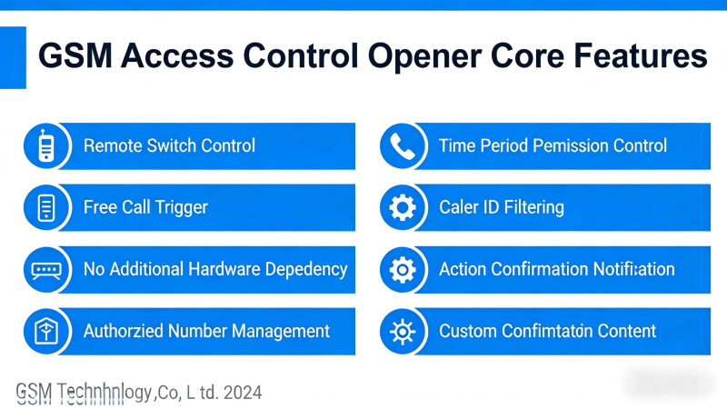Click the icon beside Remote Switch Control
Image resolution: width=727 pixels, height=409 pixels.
pyautogui.click(x=45, y=146)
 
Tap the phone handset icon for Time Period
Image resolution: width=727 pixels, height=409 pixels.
pyautogui.click(x=402, y=146)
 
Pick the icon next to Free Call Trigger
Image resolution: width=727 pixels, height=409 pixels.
pyautogui.click(x=45, y=208)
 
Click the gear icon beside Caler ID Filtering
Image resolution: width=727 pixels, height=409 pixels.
pyautogui.click(x=402, y=208)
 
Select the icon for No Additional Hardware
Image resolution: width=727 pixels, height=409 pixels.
pyautogui.click(x=45, y=269)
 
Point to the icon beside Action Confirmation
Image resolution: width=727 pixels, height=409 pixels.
pyautogui.click(x=402, y=269)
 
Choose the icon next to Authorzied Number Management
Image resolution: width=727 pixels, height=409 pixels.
pyautogui.click(x=45, y=331)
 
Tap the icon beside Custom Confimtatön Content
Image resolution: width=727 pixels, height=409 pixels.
pyautogui.click(x=402, y=331)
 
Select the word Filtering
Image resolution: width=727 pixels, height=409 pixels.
pyautogui.click(x=532, y=207)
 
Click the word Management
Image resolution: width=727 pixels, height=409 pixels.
pyautogui.click(x=281, y=331)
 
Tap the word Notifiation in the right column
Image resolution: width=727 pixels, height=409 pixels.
pyautogui.click(x=626, y=269)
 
